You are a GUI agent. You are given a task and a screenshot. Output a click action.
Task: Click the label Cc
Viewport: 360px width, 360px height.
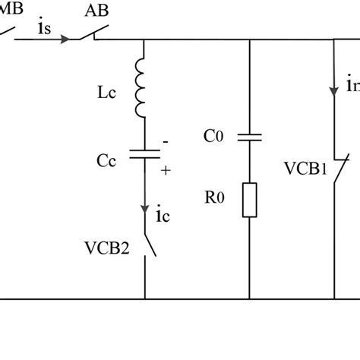pyautogui.click(x=108, y=159)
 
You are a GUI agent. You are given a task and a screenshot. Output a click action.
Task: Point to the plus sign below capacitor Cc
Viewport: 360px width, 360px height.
pyautogui.click(x=166, y=172)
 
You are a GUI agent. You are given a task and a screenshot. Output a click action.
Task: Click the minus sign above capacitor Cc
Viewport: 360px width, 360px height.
pyautogui.click(x=165, y=142)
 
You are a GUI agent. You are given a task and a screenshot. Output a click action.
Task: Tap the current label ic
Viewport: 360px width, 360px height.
pyautogui.click(x=163, y=216)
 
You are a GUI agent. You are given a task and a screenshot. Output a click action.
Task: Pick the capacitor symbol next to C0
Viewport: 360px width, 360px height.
pyautogui.click(x=250, y=137)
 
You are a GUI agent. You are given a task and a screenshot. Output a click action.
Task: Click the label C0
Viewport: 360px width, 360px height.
pyautogui.click(x=215, y=137)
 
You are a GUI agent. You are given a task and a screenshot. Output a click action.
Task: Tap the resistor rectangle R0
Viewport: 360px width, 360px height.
pyautogui.click(x=250, y=198)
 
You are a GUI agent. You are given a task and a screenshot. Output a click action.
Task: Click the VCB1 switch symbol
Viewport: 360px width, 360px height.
pyautogui.click(x=339, y=169)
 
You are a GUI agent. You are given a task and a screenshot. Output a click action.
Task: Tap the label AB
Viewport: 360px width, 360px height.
pyautogui.click(x=96, y=10)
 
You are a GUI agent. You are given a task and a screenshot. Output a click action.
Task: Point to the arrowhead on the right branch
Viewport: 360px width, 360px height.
pyautogui.click(x=335, y=91)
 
